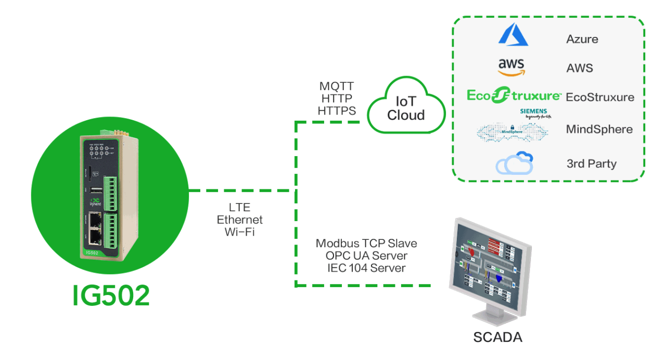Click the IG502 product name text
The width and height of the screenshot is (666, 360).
click(111, 295)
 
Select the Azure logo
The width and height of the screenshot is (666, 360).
click(513, 35)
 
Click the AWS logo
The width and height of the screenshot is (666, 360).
click(511, 67)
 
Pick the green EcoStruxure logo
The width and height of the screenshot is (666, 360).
click(514, 96)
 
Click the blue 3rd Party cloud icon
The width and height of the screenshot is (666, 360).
click(515, 163)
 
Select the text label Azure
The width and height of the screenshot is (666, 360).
click(582, 39)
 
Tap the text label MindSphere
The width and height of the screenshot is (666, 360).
click(599, 129)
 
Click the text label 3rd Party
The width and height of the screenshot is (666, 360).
click(592, 164)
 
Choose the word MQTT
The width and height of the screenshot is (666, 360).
click(337, 86)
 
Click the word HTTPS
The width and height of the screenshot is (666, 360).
click(337, 111)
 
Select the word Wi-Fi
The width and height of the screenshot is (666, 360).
click(239, 232)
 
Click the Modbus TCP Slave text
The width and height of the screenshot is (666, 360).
click(366, 243)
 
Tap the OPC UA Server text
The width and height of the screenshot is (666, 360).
click(366, 256)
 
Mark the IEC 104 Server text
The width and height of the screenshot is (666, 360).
click(366, 268)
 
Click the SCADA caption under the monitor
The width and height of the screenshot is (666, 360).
click(497, 337)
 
